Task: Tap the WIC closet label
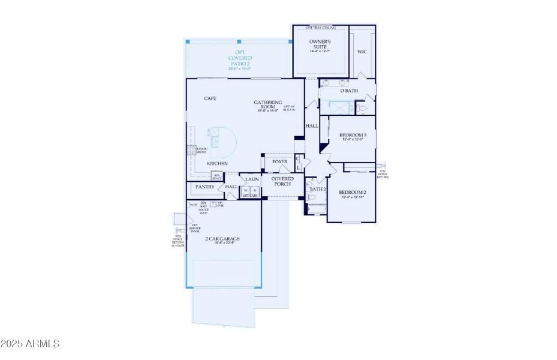pos(362,52)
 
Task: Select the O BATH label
pos(349,91)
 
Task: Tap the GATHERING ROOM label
pos(267,104)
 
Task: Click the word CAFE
pos(210,98)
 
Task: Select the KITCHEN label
pos(217,163)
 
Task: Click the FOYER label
pos(279,162)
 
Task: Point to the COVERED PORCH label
pos(282,181)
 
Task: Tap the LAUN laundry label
pos(251,179)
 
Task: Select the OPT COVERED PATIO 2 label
pos(238,61)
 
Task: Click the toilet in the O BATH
pos(361,108)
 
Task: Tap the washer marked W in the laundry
pos(246,191)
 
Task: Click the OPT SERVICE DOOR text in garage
pos(195,229)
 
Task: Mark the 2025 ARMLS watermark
pos(31,344)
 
